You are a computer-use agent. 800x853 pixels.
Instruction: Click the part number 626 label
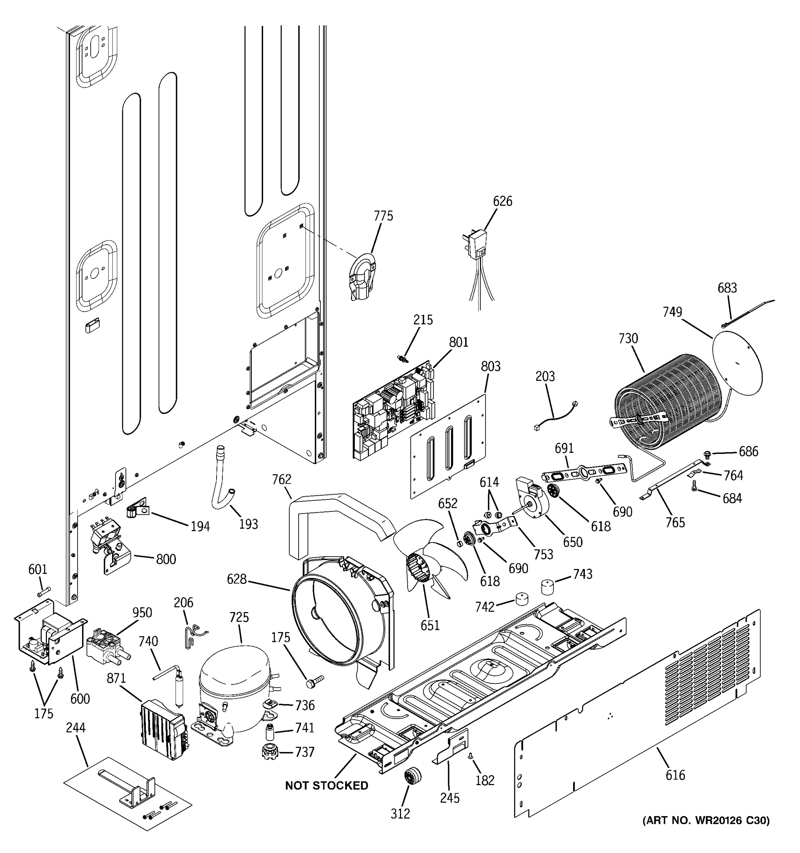pyautogui.click(x=502, y=201)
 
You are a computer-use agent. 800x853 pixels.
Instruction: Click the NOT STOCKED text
pyautogui.click(x=326, y=785)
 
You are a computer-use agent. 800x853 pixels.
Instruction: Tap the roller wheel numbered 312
pyautogui.click(x=412, y=777)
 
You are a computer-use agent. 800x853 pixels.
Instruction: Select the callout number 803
pyautogui.click(x=490, y=366)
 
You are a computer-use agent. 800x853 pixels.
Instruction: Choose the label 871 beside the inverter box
pyautogui.click(x=116, y=678)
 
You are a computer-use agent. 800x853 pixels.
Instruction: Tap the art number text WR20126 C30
pyautogui.click(x=705, y=820)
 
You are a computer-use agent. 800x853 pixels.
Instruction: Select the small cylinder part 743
pyautogui.click(x=548, y=587)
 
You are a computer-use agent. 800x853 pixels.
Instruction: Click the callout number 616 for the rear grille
pyautogui.click(x=675, y=775)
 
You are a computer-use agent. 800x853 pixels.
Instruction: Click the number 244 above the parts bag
pyautogui.click(x=75, y=727)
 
